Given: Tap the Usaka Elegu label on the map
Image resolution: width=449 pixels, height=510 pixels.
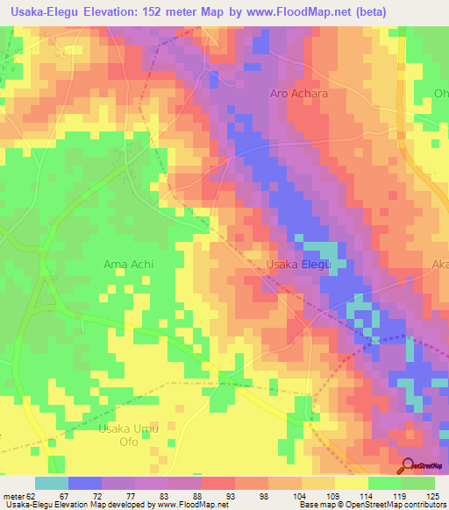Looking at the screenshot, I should (x=298, y=264).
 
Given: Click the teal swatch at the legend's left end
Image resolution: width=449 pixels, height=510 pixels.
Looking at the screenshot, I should (x=51, y=483).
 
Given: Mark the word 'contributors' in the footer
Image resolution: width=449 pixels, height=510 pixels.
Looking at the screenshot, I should (x=424, y=505).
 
